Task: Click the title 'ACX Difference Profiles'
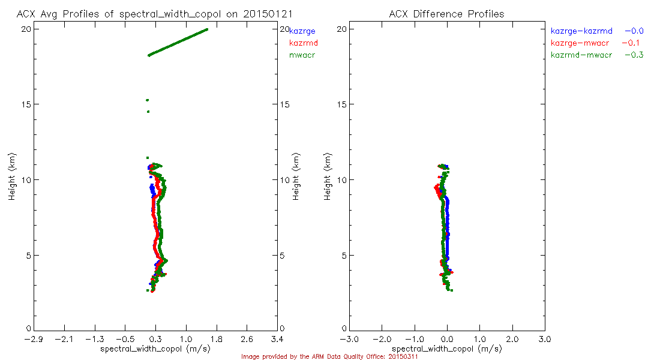(x=446, y=14)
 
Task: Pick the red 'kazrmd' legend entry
(x=303, y=43)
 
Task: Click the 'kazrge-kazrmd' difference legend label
(x=581, y=31)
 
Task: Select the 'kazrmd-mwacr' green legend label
(x=581, y=55)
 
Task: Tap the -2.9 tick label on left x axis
(x=33, y=340)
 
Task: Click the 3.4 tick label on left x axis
(x=277, y=340)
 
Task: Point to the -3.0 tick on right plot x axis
(x=349, y=340)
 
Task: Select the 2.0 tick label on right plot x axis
(x=512, y=340)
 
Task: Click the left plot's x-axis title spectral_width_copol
(x=155, y=349)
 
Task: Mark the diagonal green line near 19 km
(x=178, y=42)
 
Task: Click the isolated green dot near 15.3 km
(x=147, y=100)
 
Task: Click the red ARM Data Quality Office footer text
(x=329, y=356)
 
